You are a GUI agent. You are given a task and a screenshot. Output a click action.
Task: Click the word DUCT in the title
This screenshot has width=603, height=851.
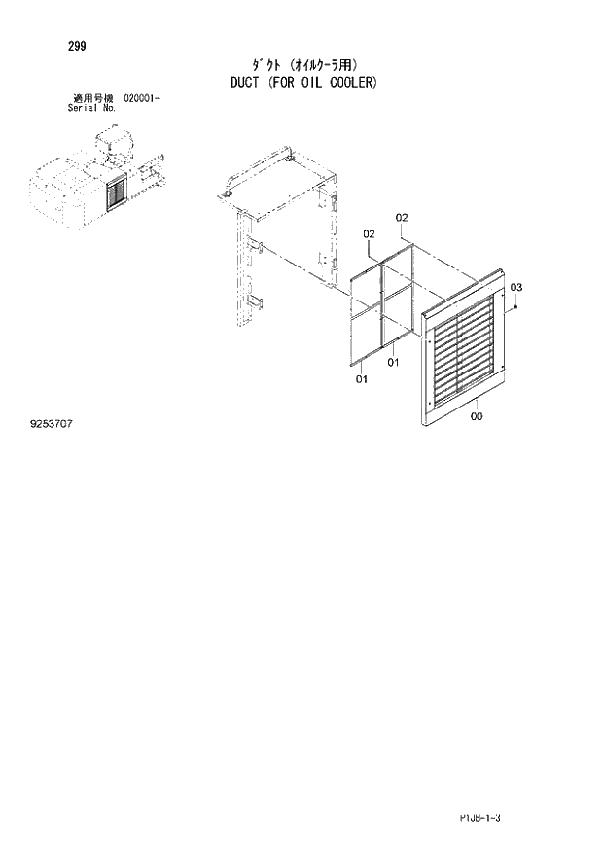[x=242, y=82]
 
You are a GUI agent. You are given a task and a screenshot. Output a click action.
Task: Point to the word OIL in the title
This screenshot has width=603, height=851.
[x=313, y=82]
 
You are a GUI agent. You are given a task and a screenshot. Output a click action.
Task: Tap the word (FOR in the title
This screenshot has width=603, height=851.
[x=281, y=82]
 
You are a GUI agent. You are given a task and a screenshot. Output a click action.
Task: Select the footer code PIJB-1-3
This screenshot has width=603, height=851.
[x=479, y=820]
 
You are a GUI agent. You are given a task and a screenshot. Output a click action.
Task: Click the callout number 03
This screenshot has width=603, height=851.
[x=516, y=287]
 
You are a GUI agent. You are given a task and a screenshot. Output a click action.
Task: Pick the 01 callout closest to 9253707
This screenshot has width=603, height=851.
[x=361, y=379]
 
